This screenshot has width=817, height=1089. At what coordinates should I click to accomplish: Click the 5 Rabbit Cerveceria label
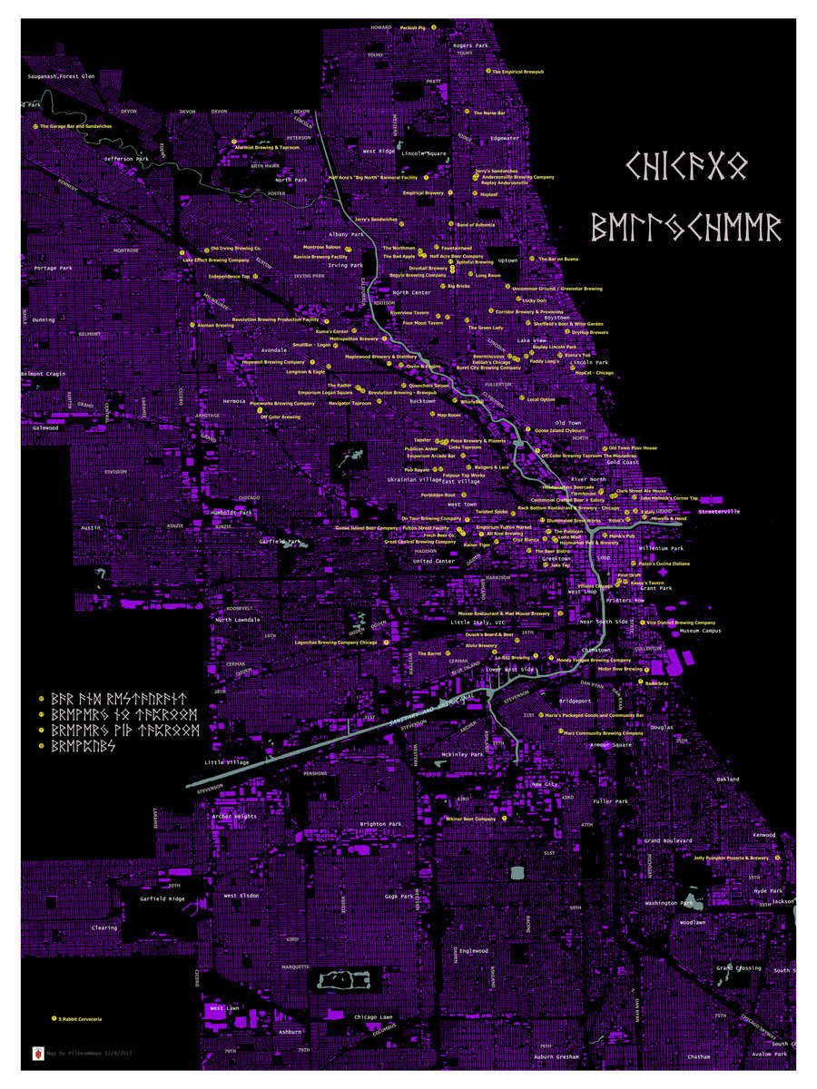click(x=86, y=1019)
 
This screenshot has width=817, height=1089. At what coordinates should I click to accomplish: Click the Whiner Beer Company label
click(x=471, y=819)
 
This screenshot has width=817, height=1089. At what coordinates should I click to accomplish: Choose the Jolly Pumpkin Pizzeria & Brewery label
click(x=731, y=858)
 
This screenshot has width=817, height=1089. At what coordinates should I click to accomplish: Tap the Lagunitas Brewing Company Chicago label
click(x=343, y=642)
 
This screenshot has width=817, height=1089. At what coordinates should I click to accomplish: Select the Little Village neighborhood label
click(x=226, y=762)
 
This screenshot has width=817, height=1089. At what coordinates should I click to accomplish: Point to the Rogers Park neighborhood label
click(x=470, y=44)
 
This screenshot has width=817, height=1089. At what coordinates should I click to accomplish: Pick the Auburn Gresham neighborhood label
click(x=556, y=1057)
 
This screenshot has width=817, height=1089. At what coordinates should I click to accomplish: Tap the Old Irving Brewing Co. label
click(x=236, y=248)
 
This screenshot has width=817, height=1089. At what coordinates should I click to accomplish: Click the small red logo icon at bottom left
click(x=37, y=1055)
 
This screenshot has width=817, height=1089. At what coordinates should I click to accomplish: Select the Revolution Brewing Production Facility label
click(x=275, y=319)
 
